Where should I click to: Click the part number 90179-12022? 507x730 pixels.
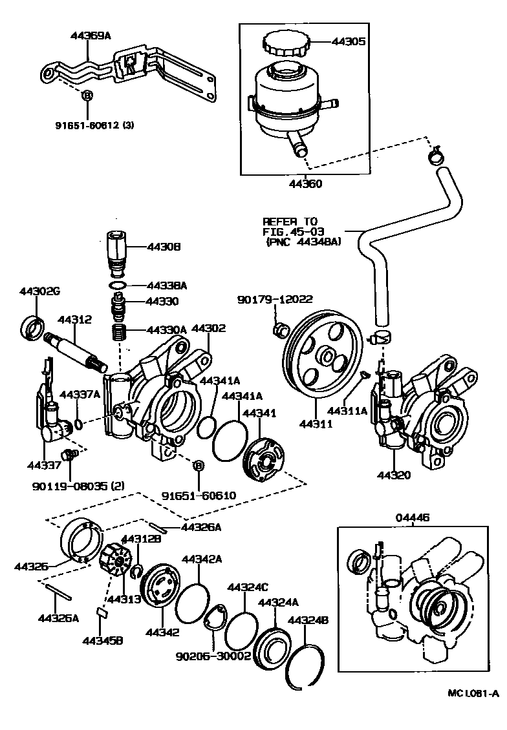(x=275, y=299)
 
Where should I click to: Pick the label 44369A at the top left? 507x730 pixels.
(x=91, y=36)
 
